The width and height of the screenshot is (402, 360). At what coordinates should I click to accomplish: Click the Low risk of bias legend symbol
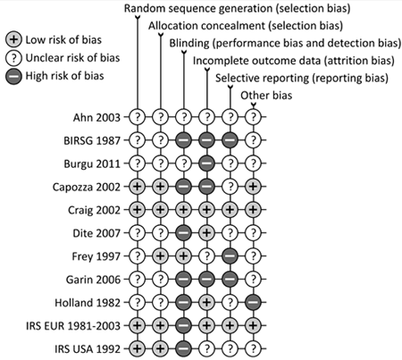coord(13,40)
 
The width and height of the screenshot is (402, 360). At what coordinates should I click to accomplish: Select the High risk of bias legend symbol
coord(13,76)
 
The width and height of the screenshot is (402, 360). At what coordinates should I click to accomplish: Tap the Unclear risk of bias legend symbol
coord(13,58)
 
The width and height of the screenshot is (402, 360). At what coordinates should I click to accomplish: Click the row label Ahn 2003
coord(96,118)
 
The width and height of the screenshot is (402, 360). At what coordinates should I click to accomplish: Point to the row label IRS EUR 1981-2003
coord(73,326)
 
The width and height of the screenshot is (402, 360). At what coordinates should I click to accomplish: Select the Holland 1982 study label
coord(88,303)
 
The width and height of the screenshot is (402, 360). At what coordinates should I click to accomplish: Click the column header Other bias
coord(266,96)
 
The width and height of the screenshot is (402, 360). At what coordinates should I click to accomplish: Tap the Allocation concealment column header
coord(246,26)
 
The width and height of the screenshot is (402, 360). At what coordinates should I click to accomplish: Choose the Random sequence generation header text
coord(237,8)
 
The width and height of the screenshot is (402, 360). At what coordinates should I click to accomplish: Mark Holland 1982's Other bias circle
coord(253,303)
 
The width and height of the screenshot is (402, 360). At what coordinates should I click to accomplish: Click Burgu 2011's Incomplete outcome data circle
coord(207,163)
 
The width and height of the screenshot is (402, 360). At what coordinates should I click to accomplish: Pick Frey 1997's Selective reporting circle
coord(230,256)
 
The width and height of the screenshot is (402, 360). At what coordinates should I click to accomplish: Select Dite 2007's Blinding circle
coord(184,233)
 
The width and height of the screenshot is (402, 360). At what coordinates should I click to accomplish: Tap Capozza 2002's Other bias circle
coord(253,187)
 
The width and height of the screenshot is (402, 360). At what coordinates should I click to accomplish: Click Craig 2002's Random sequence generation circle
coord(138,210)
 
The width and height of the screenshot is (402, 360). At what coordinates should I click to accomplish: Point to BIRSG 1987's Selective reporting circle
coord(230,140)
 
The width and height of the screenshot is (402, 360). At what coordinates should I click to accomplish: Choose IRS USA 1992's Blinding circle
coord(184,348)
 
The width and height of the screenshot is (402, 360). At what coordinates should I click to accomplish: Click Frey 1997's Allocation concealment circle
coord(161,256)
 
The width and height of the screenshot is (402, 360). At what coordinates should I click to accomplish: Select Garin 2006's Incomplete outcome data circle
coord(207,280)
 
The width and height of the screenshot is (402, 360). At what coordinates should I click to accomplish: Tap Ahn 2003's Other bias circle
coord(253,117)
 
